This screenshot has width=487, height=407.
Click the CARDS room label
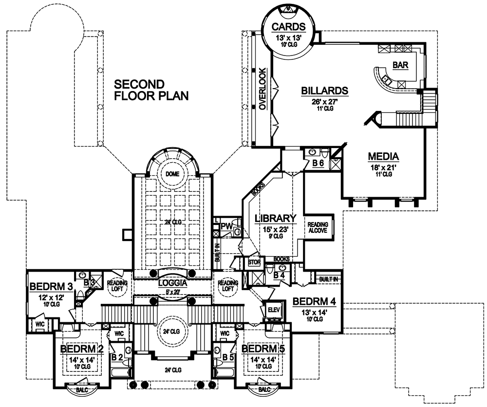pos(289,26)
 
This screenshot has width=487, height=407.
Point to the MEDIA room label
pos(383,157)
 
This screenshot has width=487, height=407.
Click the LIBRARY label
pos(276,218)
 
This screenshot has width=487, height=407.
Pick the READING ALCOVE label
pos(317,227)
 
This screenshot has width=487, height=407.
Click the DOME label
pos(172,174)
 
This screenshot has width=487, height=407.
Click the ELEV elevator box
pos(272,309)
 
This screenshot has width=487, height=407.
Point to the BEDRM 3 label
pos(51,286)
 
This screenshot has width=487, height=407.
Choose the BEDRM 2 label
pos(81,349)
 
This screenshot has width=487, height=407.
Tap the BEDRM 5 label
pos(263,349)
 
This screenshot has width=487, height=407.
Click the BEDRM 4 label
pos(315,301)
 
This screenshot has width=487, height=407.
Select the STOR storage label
pos(254,262)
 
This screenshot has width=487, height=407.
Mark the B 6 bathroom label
pos(318,163)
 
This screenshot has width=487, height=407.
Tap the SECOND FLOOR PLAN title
pos(151,90)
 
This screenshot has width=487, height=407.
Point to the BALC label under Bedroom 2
pos(78,389)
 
